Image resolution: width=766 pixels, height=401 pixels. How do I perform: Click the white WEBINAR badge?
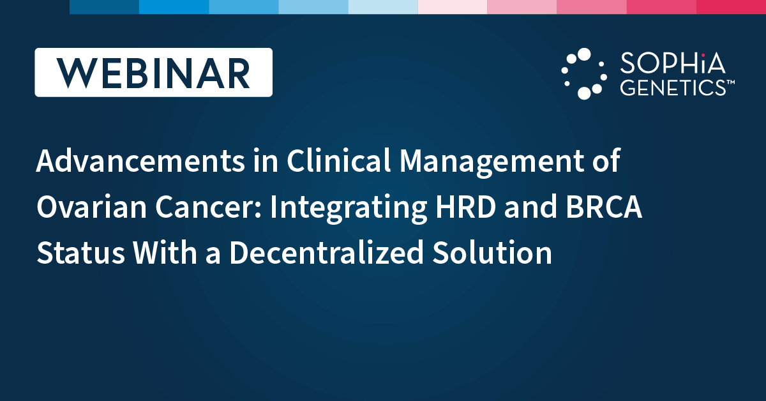(x=154, y=72)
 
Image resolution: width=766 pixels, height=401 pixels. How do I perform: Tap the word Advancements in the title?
(x=140, y=160)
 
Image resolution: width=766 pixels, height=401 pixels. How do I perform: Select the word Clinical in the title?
(x=338, y=160)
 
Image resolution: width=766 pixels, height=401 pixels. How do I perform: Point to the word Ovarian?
(x=92, y=207)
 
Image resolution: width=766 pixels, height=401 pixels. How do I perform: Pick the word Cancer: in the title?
(x=208, y=207)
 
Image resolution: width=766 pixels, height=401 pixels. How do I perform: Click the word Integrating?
(x=349, y=208)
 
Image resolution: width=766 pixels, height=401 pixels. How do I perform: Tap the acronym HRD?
(x=466, y=207)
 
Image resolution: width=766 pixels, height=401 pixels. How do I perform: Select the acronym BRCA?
(x=604, y=207)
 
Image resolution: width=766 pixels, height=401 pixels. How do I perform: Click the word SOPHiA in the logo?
(x=672, y=63)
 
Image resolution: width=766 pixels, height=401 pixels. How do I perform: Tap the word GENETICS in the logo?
(x=673, y=87)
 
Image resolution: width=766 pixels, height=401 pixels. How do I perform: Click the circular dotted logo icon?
(x=584, y=73)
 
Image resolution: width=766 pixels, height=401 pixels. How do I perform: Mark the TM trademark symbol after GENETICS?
(x=730, y=82)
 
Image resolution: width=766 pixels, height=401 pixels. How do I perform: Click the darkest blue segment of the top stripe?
(x=104, y=7)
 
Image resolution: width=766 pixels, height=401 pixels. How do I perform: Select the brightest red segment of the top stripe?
(x=731, y=7)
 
